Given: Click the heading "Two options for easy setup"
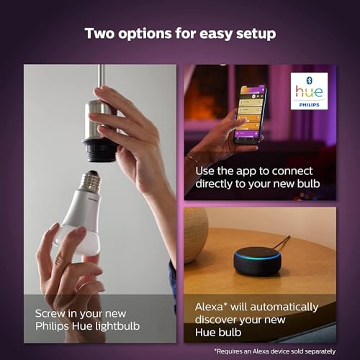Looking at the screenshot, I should coord(179,33).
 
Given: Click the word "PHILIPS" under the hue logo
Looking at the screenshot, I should coord(310,103).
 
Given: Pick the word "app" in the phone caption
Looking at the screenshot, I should coord(251,170).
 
